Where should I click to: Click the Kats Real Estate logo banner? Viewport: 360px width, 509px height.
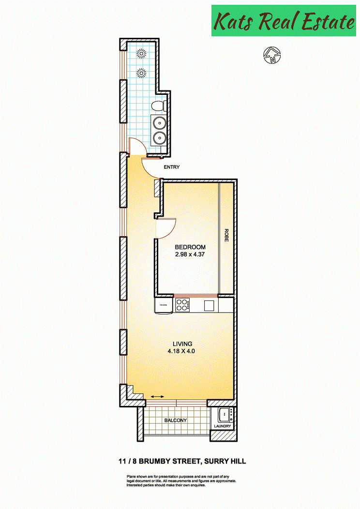point(284,20)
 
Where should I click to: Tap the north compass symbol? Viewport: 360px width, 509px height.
point(272,55)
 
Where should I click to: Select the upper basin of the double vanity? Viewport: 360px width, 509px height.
point(159,123)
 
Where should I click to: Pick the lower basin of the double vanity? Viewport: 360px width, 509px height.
point(159,137)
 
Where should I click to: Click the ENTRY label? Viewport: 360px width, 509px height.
point(172,167)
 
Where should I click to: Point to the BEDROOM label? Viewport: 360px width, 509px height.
point(190,247)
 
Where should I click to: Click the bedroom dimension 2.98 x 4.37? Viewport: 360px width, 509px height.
point(190,254)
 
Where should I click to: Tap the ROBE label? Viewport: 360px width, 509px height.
point(226,235)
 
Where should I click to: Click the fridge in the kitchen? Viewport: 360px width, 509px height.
point(164,305)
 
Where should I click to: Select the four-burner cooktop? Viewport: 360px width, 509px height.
point(183,305)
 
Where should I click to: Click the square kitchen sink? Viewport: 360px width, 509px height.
point(209,305)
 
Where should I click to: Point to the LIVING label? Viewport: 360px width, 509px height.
point(182,344)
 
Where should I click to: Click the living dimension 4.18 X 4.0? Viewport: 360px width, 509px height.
point(181,351)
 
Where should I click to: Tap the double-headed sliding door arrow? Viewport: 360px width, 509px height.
point(157,396)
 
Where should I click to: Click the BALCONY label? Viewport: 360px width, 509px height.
point(176,420)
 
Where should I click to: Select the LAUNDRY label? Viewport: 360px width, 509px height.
point(223,426)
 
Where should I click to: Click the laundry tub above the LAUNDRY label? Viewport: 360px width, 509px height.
point(225,414)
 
